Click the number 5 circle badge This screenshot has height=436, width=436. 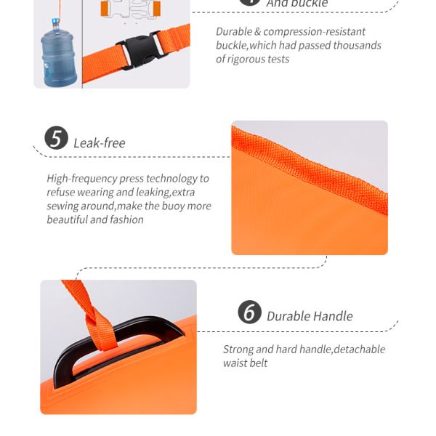pos(56,138)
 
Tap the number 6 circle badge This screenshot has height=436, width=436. pos(249,312)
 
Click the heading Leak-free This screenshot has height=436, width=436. pos(100,143)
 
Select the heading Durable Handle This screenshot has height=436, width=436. pos(310,316)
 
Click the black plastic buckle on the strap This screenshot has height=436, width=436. pos(138,50)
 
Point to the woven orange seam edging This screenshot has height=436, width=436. pos(310,169)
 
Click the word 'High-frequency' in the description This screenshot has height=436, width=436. pos(82,179)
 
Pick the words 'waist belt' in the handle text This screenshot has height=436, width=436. pos(246,363)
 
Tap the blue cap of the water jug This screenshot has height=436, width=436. pos(56,21)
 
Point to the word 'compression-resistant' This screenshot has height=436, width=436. pos(314,32)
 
